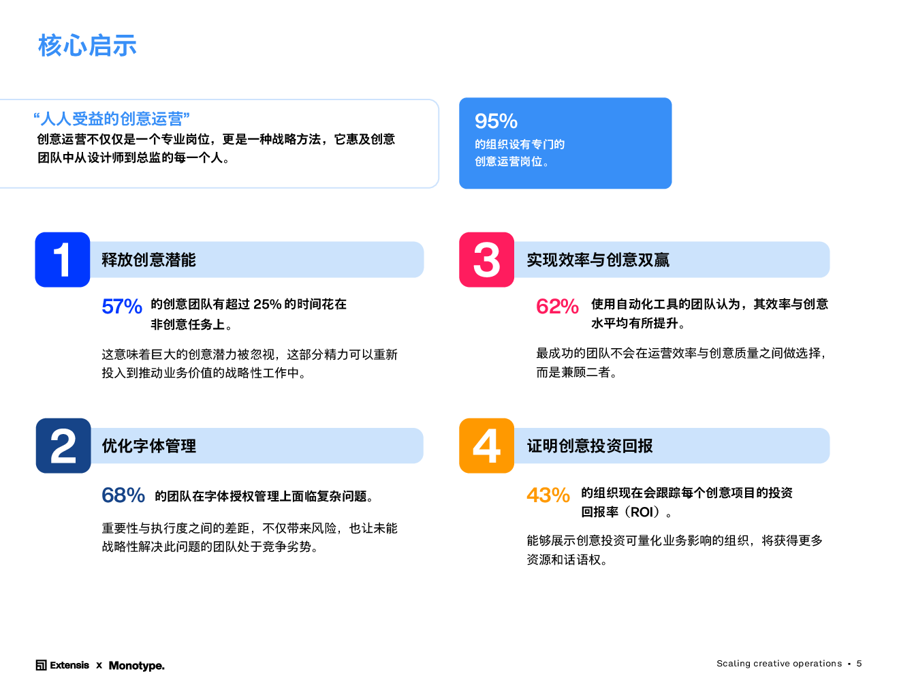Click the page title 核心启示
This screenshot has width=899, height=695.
(x=87, y=46)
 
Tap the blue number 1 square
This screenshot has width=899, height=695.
(x=63, y=260)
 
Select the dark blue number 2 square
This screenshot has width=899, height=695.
(x=63, y=446)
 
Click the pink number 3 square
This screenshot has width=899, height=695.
(x=486, y=260)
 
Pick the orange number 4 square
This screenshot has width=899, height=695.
(x=486, y=446)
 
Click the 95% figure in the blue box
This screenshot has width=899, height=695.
(x=496, y=121)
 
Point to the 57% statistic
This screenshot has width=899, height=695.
(x=122, y=307)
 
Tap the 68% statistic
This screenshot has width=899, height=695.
(x=123, y=495)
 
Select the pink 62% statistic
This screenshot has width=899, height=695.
(x=557, y=307)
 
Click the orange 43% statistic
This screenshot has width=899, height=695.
(x=548, y=495)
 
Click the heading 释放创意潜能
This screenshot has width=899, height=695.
(x=148, y=260)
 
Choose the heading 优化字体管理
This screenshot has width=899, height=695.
(x=148, y=446)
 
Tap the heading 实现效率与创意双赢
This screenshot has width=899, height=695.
(x=598, y=260)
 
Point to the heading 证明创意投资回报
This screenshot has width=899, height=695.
(x=590, y=446)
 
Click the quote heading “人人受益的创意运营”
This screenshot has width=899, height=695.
(x=112, y=119)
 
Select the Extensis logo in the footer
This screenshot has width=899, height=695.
(x=63, y=665)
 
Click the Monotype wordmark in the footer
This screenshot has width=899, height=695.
(x=136, y=665)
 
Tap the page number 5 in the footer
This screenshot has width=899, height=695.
(x=859, y=664)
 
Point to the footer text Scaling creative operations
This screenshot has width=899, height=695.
(x=778, y=664)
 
